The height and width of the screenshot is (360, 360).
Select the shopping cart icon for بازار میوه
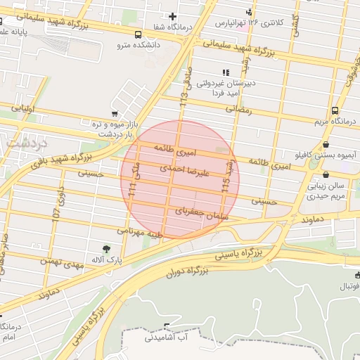115,113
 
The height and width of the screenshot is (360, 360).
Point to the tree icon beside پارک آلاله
106,248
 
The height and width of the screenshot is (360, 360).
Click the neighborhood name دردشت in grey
26,142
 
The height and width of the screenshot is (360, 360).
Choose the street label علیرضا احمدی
183,169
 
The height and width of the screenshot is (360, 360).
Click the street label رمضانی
238,110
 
